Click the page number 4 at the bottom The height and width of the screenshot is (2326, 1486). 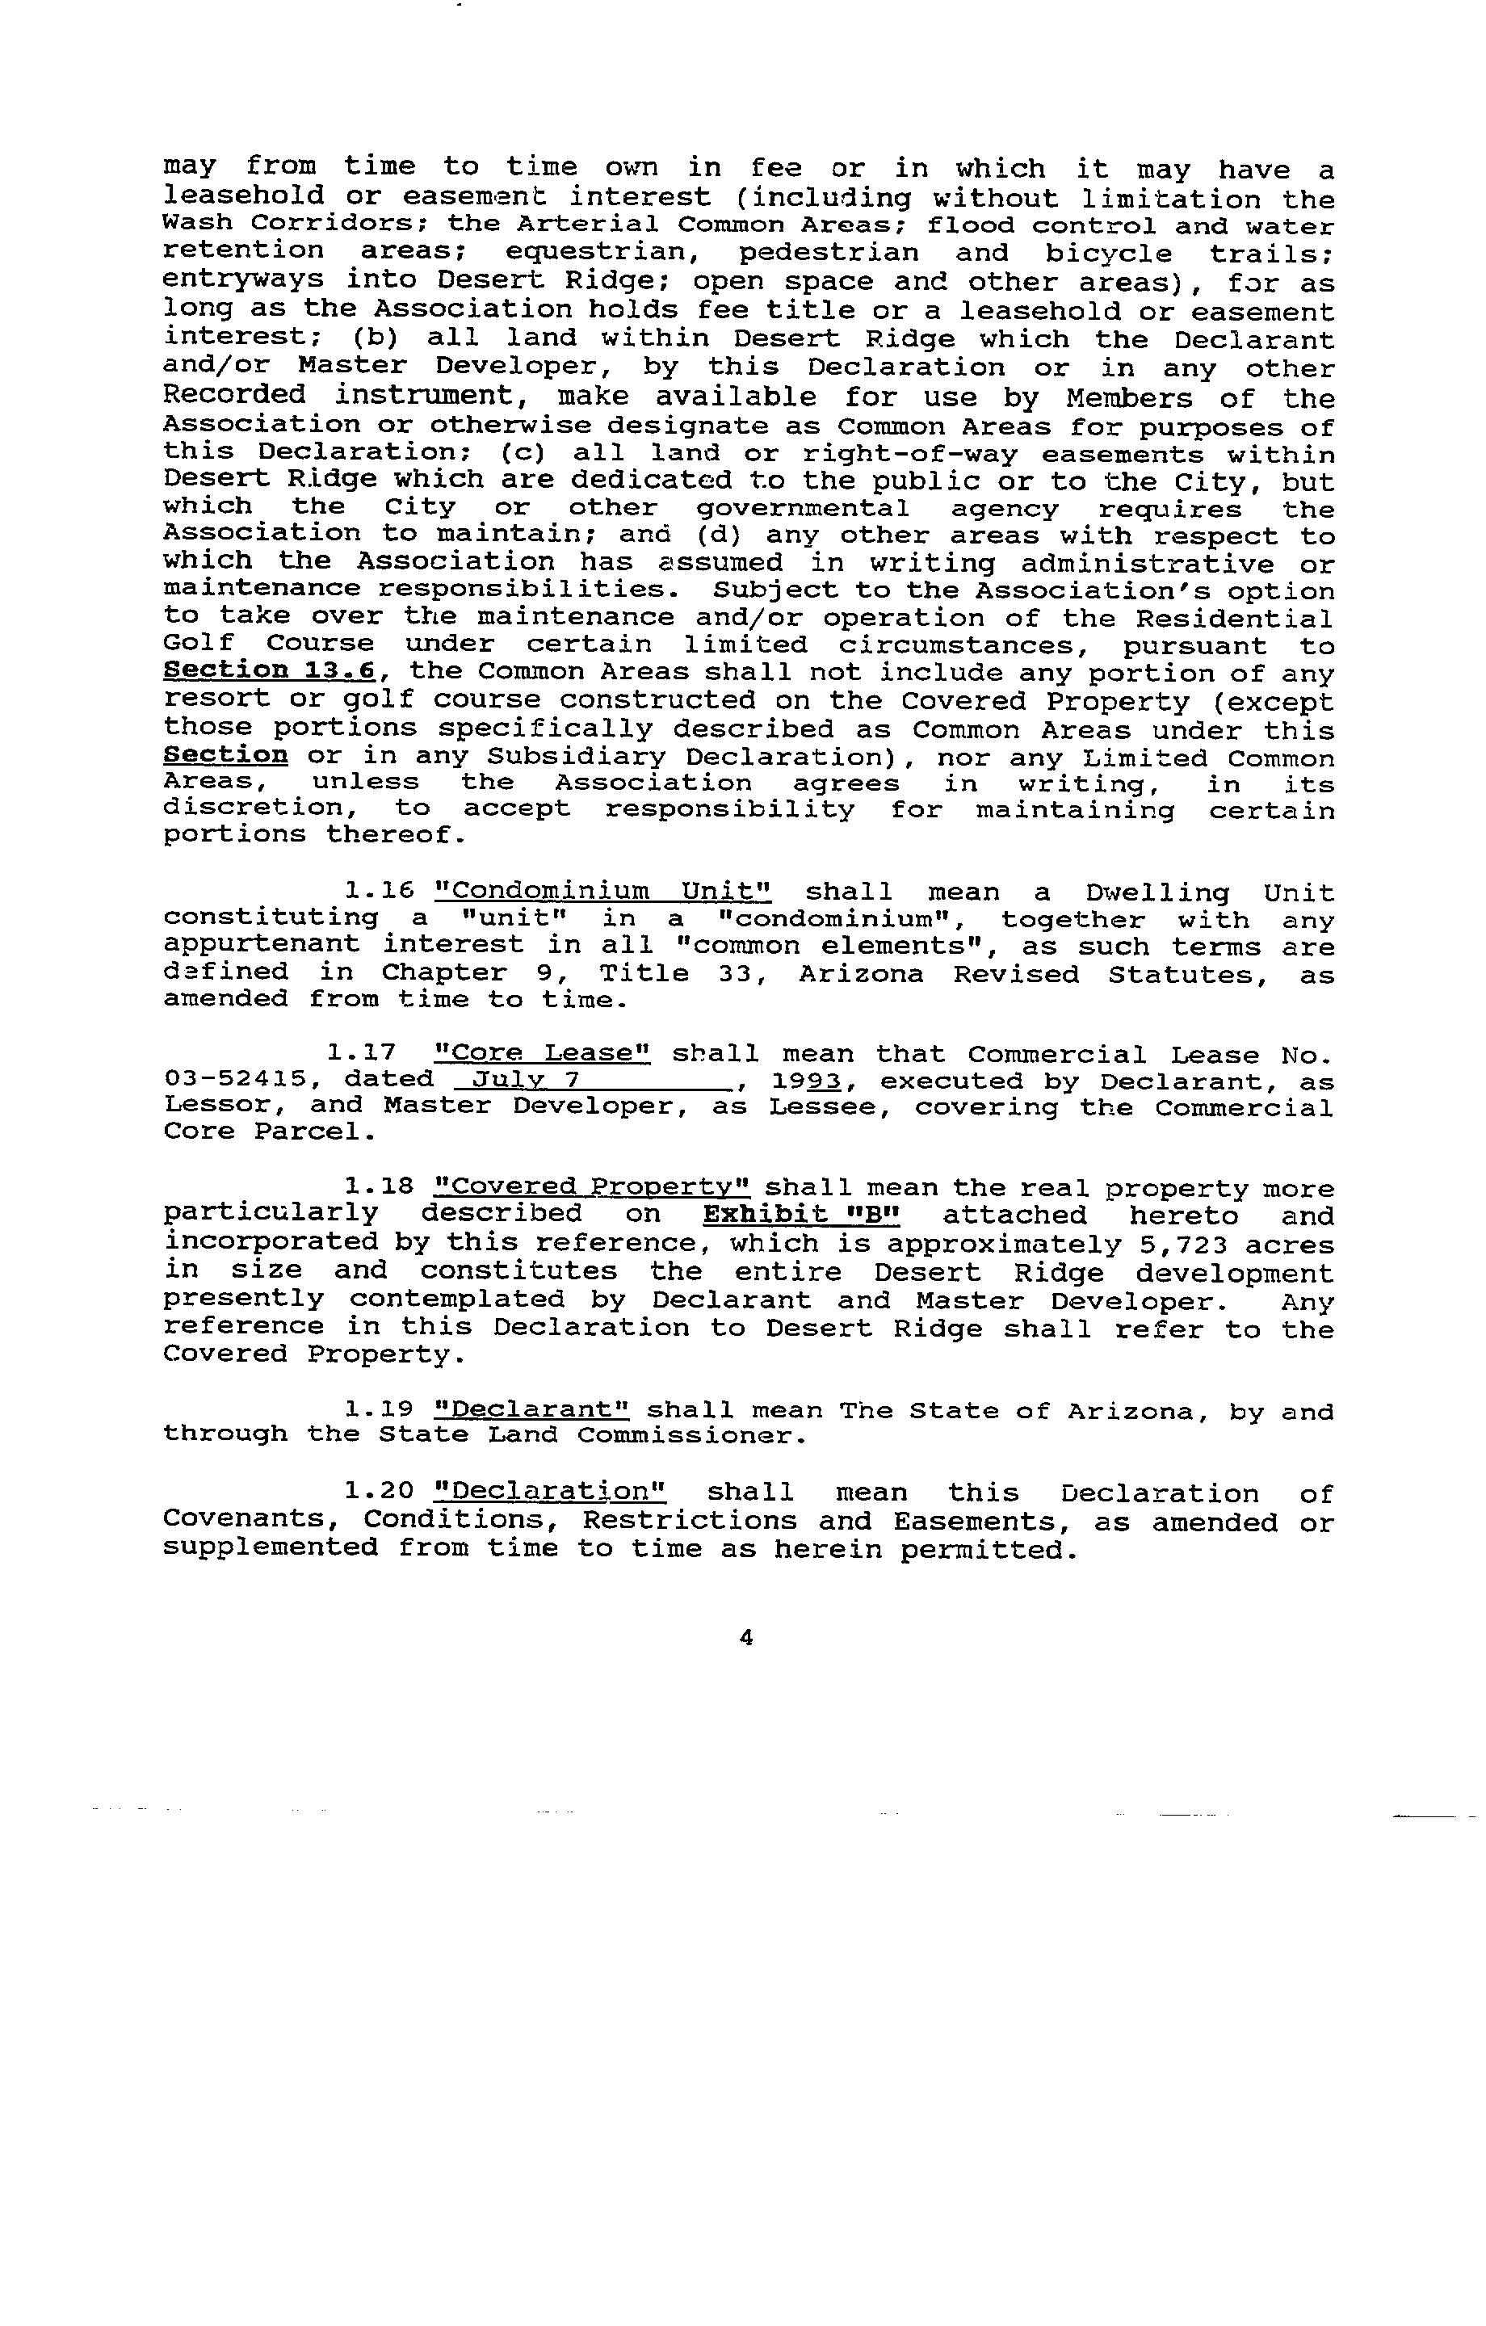[745, 1637]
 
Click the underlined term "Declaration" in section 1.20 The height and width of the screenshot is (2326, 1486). [550, 1493]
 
